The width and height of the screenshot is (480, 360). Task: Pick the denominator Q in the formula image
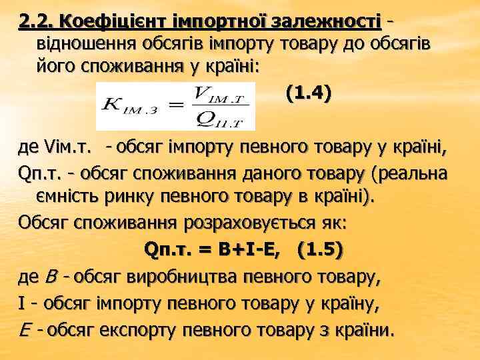[199, 117]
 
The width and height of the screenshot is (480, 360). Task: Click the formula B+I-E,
[255, 249]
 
